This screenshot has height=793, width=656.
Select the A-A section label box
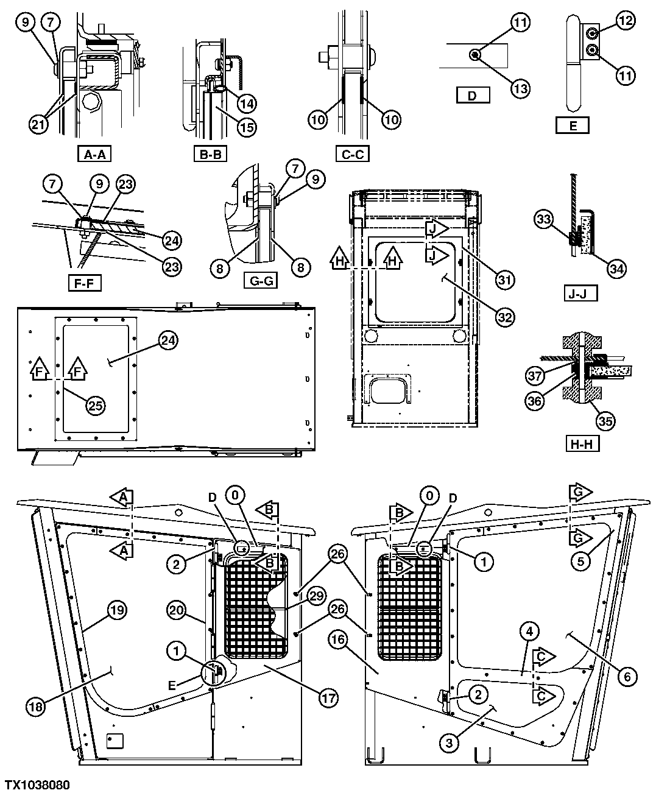[94, 154]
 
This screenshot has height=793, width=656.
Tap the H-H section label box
[582, 443]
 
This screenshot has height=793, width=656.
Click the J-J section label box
[579, 294]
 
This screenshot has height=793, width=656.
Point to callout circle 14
[246, 103]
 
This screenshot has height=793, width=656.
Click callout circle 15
[247, 127]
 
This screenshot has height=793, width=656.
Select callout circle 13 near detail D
[520, 88]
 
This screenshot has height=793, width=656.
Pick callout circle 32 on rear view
[505, 317]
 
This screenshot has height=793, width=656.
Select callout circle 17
[328, 698]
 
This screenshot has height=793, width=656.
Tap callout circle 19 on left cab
[119, 609]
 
